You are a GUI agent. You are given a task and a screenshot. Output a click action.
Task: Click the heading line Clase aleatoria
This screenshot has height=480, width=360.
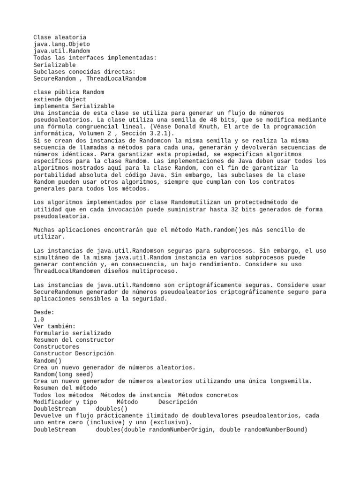coord(60,37)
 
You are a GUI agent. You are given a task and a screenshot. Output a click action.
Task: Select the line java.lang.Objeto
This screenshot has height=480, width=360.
coord(61,44)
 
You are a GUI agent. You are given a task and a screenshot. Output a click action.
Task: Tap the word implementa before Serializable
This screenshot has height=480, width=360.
coord(51,106)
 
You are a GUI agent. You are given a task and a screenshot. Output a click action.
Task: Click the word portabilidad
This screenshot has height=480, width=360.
coord(54,175)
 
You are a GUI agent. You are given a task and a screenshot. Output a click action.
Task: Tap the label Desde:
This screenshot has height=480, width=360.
coord(44,312)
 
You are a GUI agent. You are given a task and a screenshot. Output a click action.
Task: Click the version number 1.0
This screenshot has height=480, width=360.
coord(39,319)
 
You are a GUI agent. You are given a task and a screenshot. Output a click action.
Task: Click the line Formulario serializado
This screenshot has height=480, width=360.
coord(72,333)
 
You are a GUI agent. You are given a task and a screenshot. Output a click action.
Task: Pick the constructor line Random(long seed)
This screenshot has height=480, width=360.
coord(63,374)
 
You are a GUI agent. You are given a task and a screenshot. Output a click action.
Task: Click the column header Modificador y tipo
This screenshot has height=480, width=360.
coord(65,402)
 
